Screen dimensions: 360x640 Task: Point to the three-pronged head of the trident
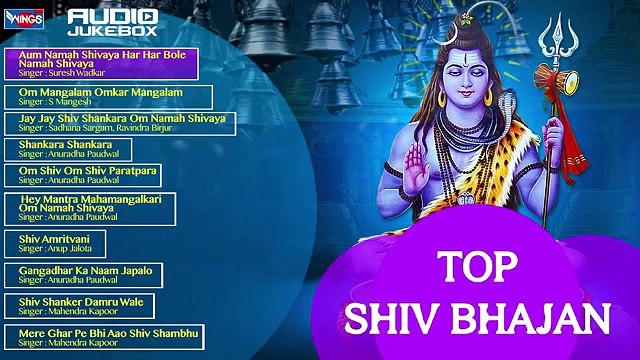coord(553,40)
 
